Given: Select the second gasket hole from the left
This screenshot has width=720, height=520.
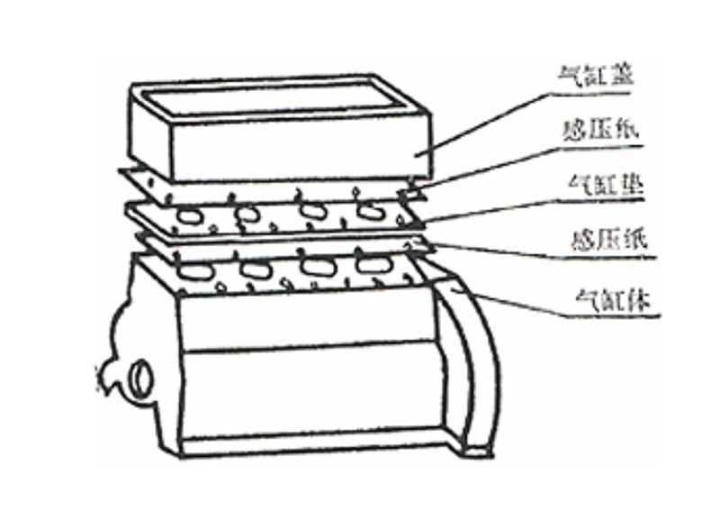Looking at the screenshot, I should pos(247,214).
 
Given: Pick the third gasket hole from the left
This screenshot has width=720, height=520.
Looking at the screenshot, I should pos(313,211).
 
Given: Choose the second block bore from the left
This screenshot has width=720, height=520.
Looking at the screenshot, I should pos(255,269).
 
